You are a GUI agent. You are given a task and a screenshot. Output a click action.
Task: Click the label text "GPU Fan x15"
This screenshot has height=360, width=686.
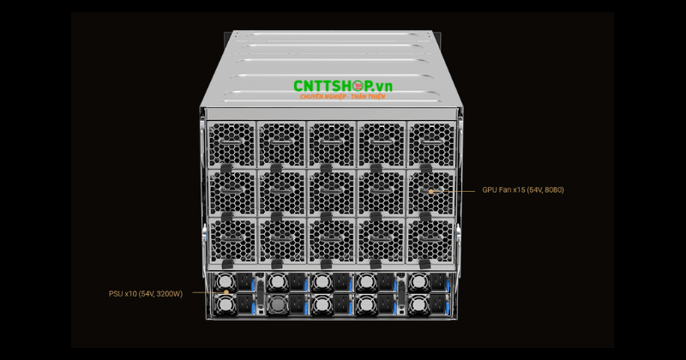[503, 189]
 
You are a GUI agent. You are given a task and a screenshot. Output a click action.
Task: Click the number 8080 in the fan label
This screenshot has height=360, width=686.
[553, 189]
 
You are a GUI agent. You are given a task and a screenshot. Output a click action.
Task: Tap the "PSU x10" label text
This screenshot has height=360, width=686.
[123, 294]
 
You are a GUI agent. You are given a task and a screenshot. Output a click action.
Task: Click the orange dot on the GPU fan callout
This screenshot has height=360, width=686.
[431, 191]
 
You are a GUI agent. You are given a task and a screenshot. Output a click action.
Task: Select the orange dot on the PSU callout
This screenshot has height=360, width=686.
[226, 292]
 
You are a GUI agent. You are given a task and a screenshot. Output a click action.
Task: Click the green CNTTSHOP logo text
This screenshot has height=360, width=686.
[342, 87]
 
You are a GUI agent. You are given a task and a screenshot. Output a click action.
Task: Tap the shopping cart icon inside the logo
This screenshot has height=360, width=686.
[358, 86]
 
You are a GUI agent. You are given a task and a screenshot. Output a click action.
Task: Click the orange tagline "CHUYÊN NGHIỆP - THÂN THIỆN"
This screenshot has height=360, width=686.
[342, 97]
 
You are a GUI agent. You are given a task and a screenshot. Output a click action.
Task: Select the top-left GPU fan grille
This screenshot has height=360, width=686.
[232, 144]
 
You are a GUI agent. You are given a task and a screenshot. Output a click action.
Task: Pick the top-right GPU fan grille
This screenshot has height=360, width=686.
[431, 144]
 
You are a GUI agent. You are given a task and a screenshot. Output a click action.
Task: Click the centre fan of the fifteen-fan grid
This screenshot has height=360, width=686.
[331, 193]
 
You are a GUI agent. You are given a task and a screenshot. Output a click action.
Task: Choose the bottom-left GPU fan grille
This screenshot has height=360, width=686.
[232, 241]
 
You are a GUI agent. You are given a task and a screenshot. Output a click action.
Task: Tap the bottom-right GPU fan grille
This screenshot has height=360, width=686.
[430, 241]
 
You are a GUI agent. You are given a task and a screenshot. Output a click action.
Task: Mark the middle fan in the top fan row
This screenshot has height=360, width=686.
[331, 144]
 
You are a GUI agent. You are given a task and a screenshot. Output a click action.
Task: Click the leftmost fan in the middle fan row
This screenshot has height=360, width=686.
[232, 193]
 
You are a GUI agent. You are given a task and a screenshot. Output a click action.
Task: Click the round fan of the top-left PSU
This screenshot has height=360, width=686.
[226, 282]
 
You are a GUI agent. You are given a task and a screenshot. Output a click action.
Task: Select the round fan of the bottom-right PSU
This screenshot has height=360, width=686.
[418, 304]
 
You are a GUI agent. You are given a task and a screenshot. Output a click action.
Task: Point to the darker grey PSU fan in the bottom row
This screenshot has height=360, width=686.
[277, 304]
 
